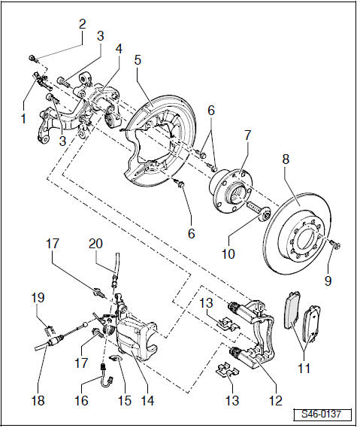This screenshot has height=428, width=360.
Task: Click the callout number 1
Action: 23,117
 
